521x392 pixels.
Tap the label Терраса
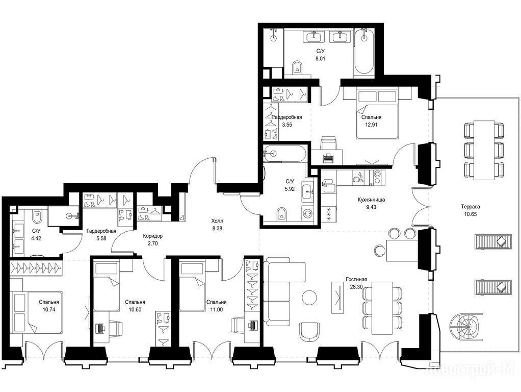point(471,207)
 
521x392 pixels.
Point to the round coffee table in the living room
point(310,297)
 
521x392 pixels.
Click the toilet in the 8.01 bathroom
point(297,67)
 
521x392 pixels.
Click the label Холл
point(217,221)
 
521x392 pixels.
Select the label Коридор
point(153,236)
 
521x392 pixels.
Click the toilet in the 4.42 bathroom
point(37,217)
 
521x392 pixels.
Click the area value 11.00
point(216,309)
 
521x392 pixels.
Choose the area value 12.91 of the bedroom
point(371,125)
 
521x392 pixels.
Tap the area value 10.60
point(135,309)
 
